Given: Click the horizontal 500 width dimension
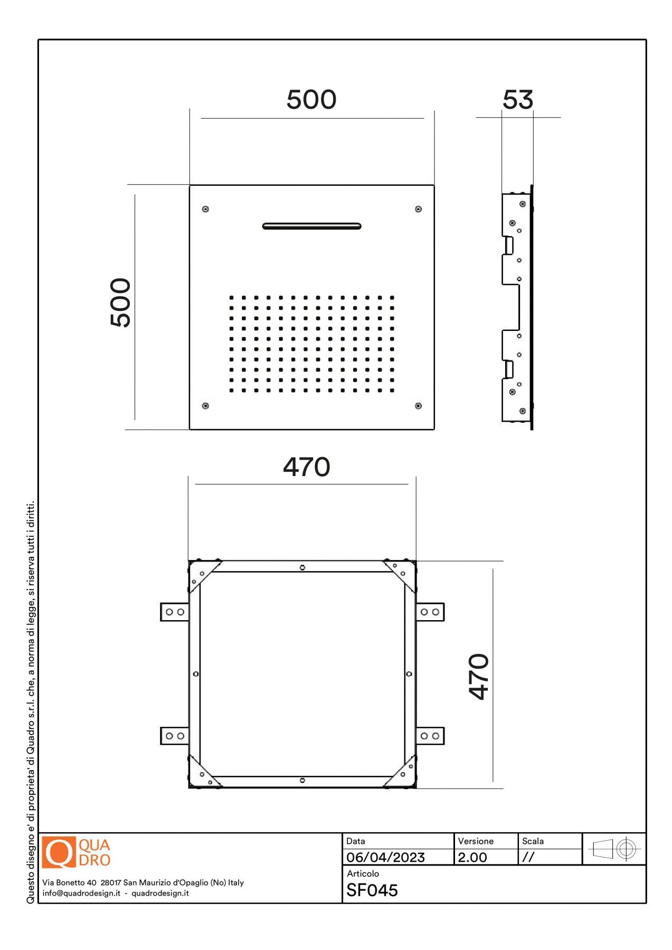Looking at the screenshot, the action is (x=311, y=99).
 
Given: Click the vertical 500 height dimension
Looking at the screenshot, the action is (x=120, y=302).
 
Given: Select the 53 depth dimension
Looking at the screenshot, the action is (x=518, y=100).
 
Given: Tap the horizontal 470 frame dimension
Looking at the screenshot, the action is (x=307, y=467).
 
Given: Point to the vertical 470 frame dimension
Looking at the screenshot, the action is (x=479, y=677).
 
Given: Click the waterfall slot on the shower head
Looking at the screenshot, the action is (x=312, y=226).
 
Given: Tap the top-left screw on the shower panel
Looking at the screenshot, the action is (x=205, y=209).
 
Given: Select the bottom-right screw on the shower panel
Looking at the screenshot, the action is (x=418, y=406).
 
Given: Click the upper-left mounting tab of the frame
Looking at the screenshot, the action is (x=175, y=612).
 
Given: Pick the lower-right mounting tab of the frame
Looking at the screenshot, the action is (x=430, y=736).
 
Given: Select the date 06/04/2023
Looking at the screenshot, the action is (x=385, y=857).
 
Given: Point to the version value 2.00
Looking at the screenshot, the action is (x=472, y=857).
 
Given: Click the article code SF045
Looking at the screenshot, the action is (x=372, y=890).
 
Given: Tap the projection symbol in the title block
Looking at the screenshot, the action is (x=614, y=849).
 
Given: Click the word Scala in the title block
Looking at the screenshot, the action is (x=533, y=841).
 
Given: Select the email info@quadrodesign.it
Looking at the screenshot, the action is (x=81, y=893).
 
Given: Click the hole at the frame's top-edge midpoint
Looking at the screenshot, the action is (x=302, y=568).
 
